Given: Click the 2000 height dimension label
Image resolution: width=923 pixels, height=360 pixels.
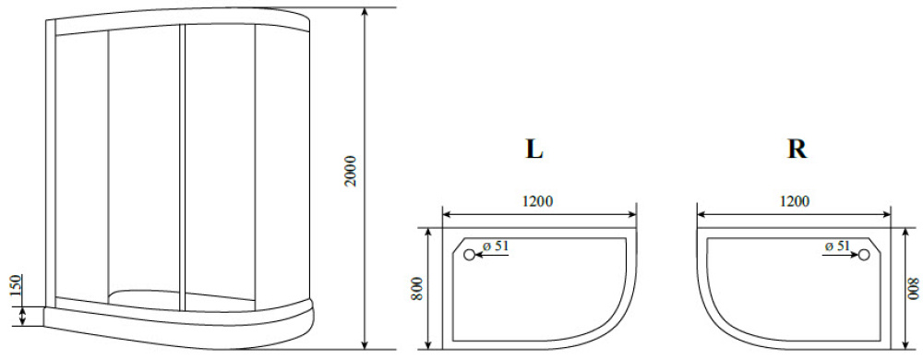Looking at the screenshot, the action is pyautogui.click(x=351, y=171).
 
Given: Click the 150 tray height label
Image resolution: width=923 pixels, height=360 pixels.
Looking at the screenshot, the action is pyautogui.click(x=17, y=287).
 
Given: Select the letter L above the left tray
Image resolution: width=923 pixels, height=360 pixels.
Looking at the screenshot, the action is pyautogui.click(x=533, y=150).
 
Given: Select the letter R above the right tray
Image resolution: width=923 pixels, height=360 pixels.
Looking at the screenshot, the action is pyautogui.click(x=797, y=150).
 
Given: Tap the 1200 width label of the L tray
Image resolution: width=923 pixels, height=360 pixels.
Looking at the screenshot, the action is pyautogui.click(x=537, y=201).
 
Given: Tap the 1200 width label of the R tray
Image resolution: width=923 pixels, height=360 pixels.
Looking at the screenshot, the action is pyautogui.click(x=794, y=201).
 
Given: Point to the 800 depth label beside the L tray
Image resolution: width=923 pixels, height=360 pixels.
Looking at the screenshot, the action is pyautogui.click(x=417, y=288).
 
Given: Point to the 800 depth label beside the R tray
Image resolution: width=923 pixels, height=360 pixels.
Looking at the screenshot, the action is pyautogui.click(x=914, y=288).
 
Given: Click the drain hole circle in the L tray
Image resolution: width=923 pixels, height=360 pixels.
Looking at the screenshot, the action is pyautogui.click(x=469, y=255).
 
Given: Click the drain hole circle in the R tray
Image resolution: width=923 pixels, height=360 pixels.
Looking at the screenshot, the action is pyautogui.click(x=864, y=255).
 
